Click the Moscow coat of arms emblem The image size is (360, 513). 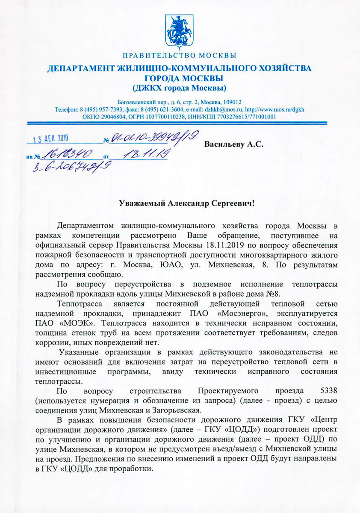coord(180,32)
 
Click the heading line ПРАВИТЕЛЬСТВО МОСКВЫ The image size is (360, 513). coord(180,56)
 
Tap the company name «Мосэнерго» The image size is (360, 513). coord(222,314)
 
